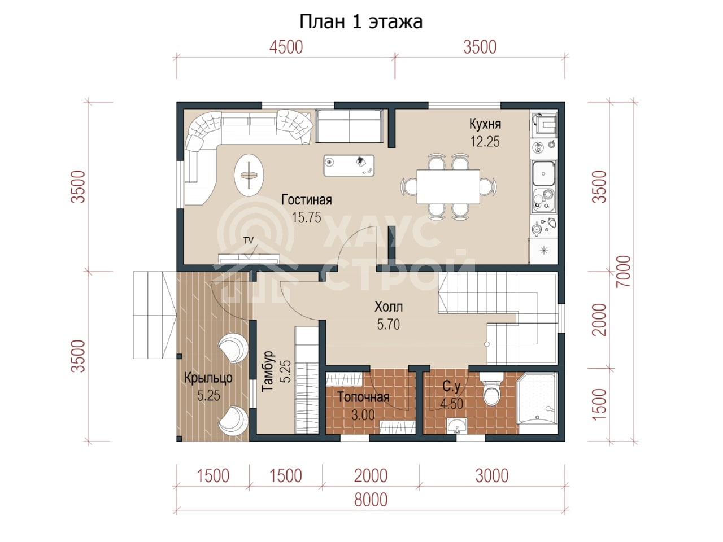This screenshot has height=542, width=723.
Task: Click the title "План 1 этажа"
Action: click(x=361, y=21)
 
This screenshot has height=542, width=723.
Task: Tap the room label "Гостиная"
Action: click(x=306, y=200)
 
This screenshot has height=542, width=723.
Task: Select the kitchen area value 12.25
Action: click(x=485, y=142)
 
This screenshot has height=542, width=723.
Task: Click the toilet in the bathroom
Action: click(x=491, y=390)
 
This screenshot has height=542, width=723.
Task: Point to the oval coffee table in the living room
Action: click(x=249, y=175)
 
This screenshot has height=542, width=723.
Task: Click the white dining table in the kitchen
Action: click(x=448, y=186)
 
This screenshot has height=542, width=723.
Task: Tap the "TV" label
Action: click(x=249, y=241)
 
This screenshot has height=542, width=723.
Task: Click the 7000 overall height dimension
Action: click(x=624, y=271)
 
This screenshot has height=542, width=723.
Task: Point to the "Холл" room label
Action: click(x=389, y=307)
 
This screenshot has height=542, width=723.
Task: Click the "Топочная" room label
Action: click(x=363, y=397)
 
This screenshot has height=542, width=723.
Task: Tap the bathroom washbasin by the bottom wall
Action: click(x=457, y=426)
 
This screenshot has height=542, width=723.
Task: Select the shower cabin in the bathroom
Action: click(x=537, y=398)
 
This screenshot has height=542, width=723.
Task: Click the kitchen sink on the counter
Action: click(x=543, y=173)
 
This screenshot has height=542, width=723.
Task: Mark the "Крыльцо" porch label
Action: click(x=208, y=378)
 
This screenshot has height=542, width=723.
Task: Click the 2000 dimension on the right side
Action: click(x=599, y=320)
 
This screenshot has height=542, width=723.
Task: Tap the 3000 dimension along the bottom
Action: click(x=492, y=475)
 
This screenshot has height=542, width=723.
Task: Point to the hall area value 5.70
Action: click(x=389, y=325)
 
